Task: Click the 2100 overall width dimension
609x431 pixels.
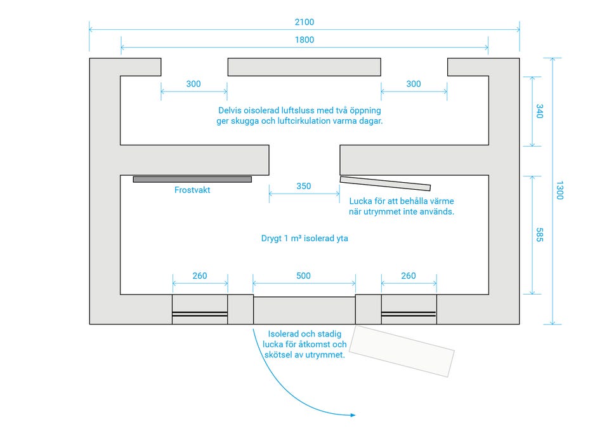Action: point(304,22)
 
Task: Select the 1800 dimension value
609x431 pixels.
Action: point(304,39)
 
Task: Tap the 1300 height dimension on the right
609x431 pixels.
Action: point(560,190)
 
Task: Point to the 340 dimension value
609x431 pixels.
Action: point(539,111)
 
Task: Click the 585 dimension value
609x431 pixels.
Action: point(539,235)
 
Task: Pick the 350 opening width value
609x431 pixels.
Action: point(304,186)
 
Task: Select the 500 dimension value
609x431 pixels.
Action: point(303,276)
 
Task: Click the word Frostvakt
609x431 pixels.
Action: point(192,190)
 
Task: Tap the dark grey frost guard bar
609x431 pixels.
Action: point(192,179)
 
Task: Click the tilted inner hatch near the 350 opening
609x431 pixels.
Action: point(385,183)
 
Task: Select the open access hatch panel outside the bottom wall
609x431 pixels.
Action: point(402,351)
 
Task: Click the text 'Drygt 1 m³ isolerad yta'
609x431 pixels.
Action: point(304,238)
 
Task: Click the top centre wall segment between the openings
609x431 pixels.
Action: point(304,67)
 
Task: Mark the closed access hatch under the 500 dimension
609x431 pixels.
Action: point(304,310)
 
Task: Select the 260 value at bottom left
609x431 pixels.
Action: point(200,276)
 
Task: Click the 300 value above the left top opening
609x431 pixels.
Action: point(193,84)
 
